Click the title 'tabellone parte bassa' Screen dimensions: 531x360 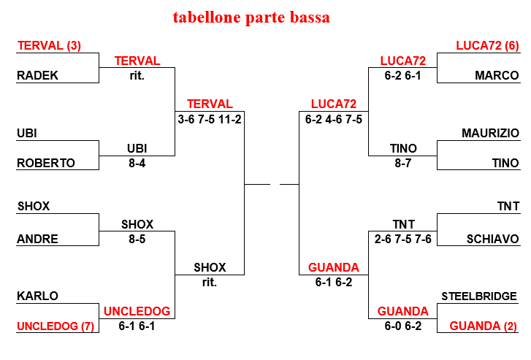(251, 18)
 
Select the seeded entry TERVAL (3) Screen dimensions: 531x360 (49, 45)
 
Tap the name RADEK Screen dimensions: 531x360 (37, 75)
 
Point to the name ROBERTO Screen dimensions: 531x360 (46, 163)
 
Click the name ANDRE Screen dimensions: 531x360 (37, 239)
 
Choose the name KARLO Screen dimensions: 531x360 (37, 296)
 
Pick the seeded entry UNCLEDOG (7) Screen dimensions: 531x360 (56, 326)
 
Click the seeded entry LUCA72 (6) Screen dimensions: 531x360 (487, 45)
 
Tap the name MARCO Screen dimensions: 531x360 (497, 75)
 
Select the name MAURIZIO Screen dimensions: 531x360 (490, 133)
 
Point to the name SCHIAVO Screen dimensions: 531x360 (493, 239)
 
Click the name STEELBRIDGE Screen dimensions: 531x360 (479, 296)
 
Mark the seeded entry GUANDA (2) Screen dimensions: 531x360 (484, 326)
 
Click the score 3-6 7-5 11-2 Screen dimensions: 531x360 (210, 119)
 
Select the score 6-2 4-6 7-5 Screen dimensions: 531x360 (334, 119)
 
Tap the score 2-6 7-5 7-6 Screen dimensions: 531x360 (403, 239)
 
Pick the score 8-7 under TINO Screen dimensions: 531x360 (403, 164)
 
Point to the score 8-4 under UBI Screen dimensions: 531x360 (137, 164)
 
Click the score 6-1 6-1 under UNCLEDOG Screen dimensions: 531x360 (137, 326)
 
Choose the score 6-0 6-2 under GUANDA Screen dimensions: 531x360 (403, 326)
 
